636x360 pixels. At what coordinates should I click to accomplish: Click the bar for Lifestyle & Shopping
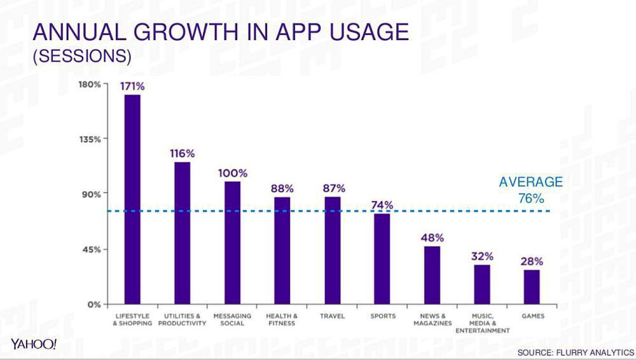pos(132,199)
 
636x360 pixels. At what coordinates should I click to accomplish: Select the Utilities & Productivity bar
pos(182,233)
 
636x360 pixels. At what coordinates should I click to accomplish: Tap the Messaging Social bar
pos(232,242)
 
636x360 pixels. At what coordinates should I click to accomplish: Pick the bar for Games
pos(532,287)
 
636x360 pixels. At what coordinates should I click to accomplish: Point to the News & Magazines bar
pos(432,275)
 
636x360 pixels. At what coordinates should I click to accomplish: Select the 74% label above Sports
pos(382,205)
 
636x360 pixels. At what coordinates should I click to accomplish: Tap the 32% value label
pos(482,256)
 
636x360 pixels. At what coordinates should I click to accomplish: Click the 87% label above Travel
pos(333,188)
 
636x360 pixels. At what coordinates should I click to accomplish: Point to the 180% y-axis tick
pos(89,84)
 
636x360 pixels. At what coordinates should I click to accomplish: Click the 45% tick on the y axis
pos(91,249)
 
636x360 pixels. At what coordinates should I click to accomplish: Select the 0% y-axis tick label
pos(93,304)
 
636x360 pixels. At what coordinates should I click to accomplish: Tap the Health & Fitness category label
pos(282,319)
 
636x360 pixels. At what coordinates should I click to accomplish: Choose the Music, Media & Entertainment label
pos(482,323)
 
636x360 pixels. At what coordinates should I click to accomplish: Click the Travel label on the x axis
pos(332,316)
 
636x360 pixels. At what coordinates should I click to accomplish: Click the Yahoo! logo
pos(34,344)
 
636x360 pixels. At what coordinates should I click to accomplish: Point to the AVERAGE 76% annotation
pos(530,190)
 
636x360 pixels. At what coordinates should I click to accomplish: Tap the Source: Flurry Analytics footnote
pos(575,352)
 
